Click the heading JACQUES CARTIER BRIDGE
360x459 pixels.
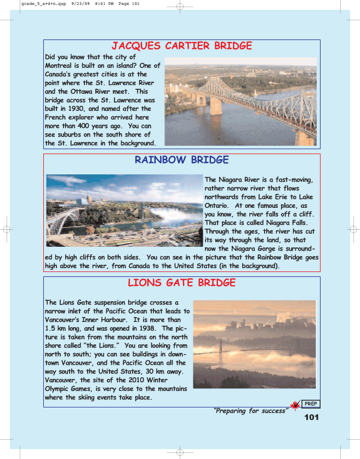(181, 46)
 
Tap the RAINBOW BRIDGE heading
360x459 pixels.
(181, 160)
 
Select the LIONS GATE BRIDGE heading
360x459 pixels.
(181, 283)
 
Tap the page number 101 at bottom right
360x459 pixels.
(311, 417)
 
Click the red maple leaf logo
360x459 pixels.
(295, 406)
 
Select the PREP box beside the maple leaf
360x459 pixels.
(311, 404)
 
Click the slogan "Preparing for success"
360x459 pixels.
(250, 411)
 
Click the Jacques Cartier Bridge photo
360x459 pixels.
(241, 101)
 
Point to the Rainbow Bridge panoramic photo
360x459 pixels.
(124, 211)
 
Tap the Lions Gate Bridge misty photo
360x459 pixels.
(254, 344)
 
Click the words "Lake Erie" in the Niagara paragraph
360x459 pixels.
(284, 197)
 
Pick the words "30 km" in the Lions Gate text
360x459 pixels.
(155, 371)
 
